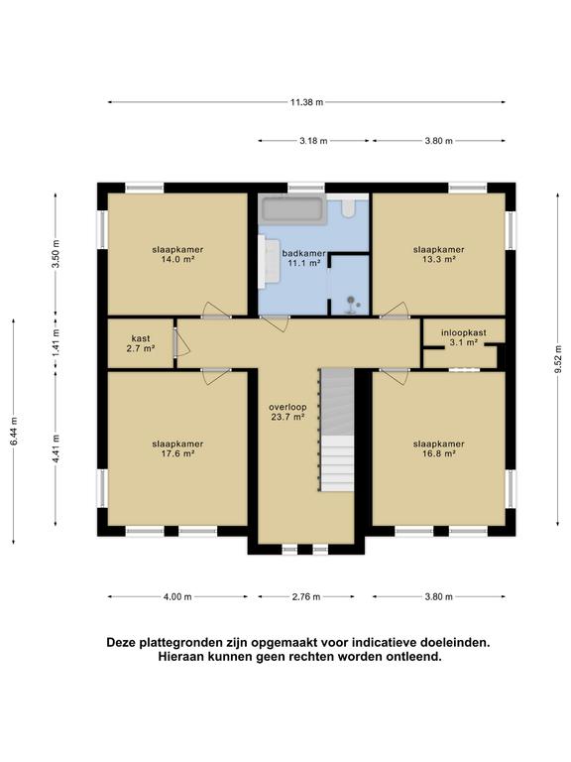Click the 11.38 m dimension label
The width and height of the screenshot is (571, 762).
(x=306, y=101)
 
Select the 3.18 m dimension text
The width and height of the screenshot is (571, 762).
(x=313, y=141)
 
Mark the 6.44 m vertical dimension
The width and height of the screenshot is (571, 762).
(x=14, y=431)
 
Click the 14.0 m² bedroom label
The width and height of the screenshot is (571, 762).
(x=172, y=254)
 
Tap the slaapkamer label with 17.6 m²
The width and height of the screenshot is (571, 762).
(x=172, y=448)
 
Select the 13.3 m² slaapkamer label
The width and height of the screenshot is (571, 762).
(x=438, y=254)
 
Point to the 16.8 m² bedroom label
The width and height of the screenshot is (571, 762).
(x=438, y=448)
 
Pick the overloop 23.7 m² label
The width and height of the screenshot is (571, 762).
(x=287, y=412)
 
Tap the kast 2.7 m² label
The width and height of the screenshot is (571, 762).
(x=140, y=343)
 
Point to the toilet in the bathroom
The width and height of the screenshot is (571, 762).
(x=349, y=209)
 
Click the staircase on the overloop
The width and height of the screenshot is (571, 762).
(x=336, y=437)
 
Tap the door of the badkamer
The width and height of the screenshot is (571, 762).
(x=274, y=322)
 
